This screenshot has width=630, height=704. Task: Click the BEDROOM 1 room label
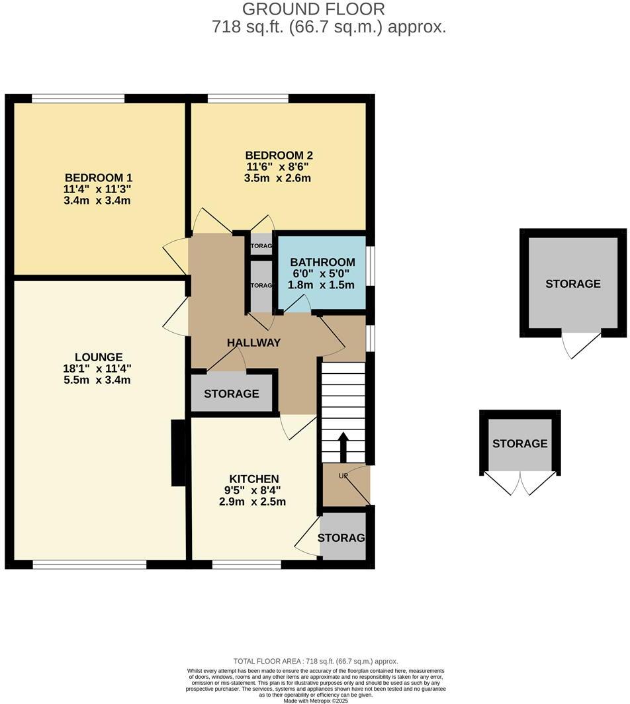pos(99,177)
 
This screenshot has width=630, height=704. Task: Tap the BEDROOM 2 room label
pos(278,155)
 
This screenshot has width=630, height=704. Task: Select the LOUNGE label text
pos(99,357)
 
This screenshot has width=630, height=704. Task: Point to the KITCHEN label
pos(254,478)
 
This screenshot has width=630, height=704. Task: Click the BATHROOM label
pos(322,262)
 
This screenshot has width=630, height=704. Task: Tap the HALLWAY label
pos(253,343)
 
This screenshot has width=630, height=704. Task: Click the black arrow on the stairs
pos(343,447)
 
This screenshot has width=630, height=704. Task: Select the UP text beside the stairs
pos(343,476)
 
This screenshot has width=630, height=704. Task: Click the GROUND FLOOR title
pos(313,9)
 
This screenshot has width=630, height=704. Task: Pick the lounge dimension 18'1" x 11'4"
pos(99,369)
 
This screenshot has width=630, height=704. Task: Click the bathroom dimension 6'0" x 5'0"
pos(322,273)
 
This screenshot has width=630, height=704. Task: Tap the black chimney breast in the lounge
pos(178,453)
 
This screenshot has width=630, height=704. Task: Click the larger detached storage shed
pos(573,283)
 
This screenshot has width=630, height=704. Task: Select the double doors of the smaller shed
pos(520,483)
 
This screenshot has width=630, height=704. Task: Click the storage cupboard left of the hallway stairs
pos(232,394)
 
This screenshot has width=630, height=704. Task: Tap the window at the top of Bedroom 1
pos(78,99)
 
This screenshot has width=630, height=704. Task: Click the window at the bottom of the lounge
pos(89,564)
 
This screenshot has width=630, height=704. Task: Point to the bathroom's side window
pos(371,266)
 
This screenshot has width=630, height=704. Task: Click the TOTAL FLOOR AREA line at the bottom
pos(315,661)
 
